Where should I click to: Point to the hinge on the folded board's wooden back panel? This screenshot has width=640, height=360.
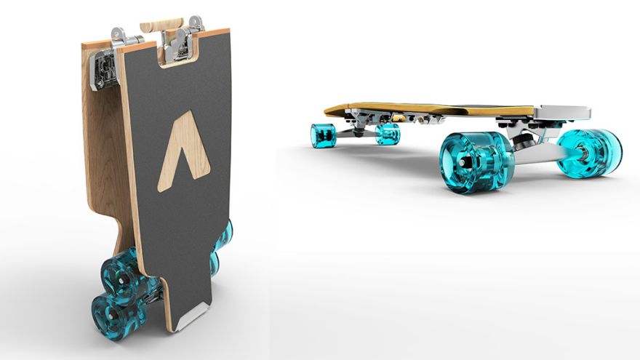[103, 70]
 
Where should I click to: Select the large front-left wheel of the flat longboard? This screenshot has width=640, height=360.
[476, 160]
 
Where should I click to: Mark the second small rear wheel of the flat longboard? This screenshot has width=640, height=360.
[387, 133]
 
